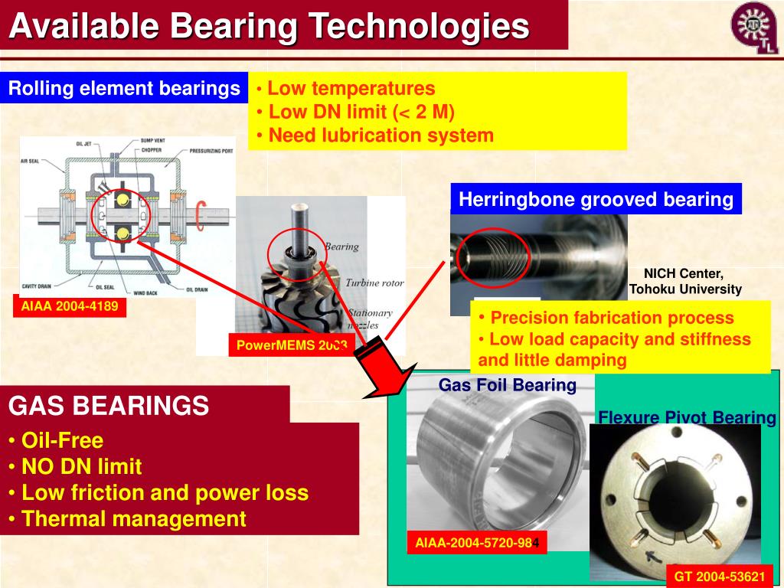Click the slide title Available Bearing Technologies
(269, 26)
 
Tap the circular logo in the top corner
(755, 28)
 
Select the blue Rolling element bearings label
(124, 89)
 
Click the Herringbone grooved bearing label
(596, 200)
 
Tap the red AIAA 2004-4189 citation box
(69, 307)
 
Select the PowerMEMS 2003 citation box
(291, 345)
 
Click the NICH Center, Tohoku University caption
(684, 281)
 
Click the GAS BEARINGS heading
(109, 405)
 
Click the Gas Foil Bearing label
(507, 384)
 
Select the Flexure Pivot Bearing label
(687, 417)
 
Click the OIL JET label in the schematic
(86, 144)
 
